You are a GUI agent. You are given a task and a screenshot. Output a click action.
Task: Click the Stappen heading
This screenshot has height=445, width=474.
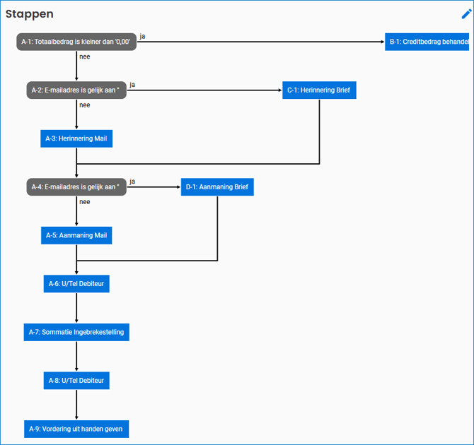30,13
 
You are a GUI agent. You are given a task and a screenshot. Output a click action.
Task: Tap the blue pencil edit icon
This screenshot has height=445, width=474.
466,13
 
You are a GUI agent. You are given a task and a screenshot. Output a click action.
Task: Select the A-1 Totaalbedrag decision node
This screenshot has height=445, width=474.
76,42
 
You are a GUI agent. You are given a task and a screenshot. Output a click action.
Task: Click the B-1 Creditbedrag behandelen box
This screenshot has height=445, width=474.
428,42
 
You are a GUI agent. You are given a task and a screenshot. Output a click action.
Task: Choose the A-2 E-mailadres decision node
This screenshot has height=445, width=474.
76,90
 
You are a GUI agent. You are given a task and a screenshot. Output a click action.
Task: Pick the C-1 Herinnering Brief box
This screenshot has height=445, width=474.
319,90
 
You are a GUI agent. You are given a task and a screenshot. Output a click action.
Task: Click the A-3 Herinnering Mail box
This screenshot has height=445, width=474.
76,139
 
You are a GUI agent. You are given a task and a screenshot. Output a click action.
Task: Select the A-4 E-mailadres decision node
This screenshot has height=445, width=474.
76,187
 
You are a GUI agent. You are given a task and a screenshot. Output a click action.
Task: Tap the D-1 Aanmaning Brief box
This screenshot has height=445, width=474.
217,187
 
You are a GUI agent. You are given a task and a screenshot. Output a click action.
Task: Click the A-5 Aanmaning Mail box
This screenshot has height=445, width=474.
76,235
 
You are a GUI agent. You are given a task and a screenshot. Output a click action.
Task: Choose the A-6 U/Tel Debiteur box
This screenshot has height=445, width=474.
76,284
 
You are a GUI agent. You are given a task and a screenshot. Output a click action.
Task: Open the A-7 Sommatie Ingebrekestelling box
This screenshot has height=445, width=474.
76,332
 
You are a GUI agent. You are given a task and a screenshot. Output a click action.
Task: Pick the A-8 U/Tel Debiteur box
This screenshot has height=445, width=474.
76,381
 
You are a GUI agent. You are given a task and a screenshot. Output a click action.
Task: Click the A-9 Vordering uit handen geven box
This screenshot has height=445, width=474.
76,429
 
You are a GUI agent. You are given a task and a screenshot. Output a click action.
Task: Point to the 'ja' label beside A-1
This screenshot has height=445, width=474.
143,36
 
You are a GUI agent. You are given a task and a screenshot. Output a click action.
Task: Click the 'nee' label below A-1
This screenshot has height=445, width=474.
84,57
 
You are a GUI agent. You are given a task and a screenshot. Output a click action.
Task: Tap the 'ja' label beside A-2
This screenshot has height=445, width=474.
132,85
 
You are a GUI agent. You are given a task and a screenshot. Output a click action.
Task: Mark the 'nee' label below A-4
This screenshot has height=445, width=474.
84,202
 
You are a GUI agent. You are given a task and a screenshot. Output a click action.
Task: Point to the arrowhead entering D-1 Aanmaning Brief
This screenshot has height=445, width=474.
178,187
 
